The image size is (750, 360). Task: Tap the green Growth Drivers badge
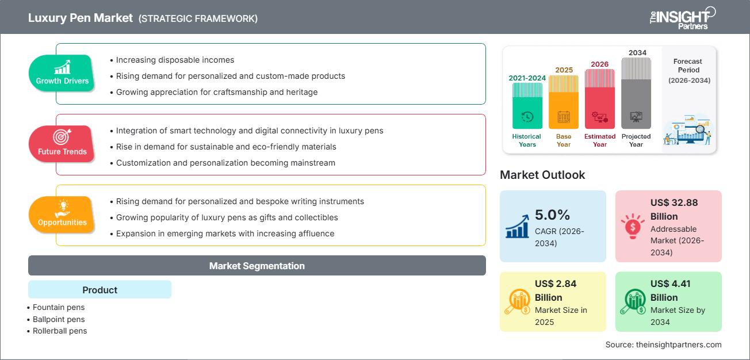[x=62, y=73]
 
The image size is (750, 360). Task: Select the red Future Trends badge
[x=62, y=144]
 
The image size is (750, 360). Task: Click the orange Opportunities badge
[x=62, y=215]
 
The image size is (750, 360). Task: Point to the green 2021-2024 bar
[x=527, y=106]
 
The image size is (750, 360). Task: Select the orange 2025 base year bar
[x=564, y=102]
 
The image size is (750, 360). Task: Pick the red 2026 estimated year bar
[x=600, y=99]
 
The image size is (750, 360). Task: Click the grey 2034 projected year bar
[x=636, y=93]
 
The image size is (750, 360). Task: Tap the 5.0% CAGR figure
[x=552, y=215]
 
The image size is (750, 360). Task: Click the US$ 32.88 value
[x=674, y=202]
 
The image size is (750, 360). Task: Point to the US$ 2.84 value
[x=556, y=284]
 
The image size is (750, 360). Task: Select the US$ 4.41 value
[x=670, y=284]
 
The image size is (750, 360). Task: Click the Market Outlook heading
[x=542, y=175]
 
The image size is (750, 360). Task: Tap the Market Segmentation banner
[x=257, y=266]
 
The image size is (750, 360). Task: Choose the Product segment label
[x=100, y=290]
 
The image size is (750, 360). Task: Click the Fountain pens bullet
[x=56, y=307]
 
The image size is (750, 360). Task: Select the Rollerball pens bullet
[x=57, y=331]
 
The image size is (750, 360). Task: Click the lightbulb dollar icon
[x=633, y=226]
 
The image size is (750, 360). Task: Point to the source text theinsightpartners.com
[x=679, y=344]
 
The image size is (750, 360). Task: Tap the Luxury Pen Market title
[x=81, y=18]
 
